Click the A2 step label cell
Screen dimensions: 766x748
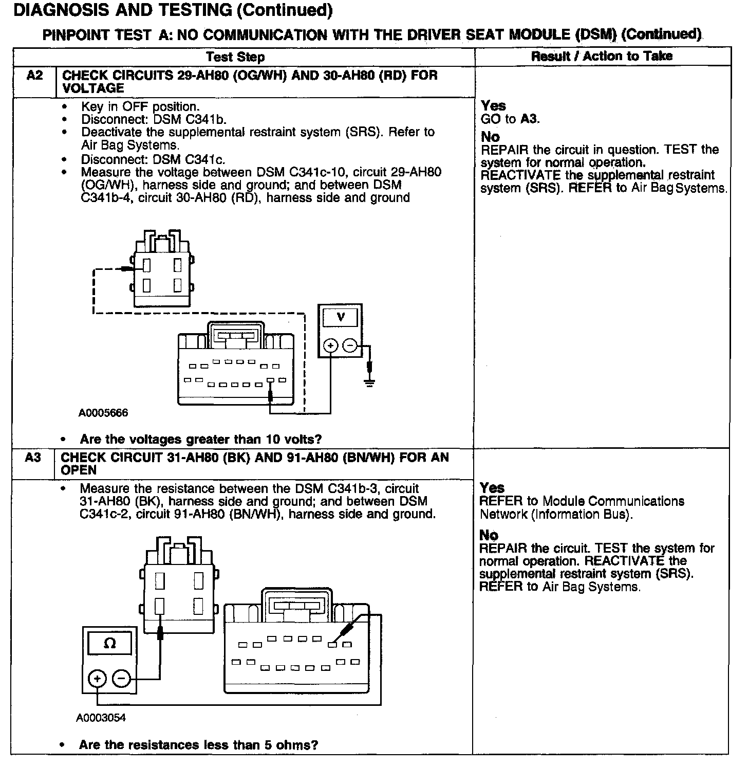click(34, 76)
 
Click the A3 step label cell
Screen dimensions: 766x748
click(33, 458)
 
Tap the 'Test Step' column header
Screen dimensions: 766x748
click(236, 57)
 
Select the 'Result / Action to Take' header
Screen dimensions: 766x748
click(602, 56)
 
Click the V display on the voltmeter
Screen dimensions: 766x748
click(340, 318)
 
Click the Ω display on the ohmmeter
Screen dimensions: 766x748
click(109, 643)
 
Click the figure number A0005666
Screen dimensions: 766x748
click(103, 413)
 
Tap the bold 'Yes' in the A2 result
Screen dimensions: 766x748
click(493, 106)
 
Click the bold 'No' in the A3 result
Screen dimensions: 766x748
click(489, 535)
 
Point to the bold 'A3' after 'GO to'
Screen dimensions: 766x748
click(529, 119)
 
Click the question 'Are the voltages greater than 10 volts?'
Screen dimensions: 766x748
click(201, 440)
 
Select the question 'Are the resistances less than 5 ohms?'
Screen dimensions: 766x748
click(199, 745)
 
